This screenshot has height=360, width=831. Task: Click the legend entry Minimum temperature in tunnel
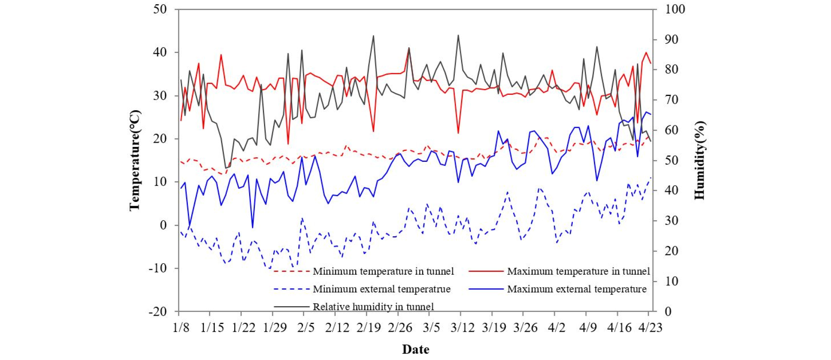pos(383,271)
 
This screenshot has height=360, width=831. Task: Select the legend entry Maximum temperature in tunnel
pos(578,271)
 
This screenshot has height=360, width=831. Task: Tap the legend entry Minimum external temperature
pos(381,289)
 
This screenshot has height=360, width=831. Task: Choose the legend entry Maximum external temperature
pos(576,289)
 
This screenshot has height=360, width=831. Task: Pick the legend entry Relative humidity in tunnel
pos(373,307)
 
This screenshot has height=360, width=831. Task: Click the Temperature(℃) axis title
pos(135,160)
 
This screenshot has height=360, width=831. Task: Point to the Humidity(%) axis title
pos(699,160)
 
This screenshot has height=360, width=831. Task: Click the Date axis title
pos(415,350)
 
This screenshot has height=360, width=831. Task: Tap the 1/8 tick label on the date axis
pos(181,328)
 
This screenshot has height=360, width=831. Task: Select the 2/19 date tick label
pos(368,328)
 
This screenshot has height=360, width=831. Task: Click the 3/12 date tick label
pos(462,328)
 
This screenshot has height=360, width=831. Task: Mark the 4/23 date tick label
pos(650,328)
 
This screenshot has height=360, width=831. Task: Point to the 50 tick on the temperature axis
pos(160,9)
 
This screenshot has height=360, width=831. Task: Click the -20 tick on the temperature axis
pos(158,312)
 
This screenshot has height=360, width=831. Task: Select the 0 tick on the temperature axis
pos(163,225)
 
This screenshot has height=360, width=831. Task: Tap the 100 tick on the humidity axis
pos(675,9)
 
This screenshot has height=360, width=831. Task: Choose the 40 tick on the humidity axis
pos(671,190)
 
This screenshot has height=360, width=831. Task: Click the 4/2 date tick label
pos(556,328)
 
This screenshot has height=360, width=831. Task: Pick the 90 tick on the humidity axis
pos(671,39)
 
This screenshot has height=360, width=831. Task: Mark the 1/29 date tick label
pos(275,328)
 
